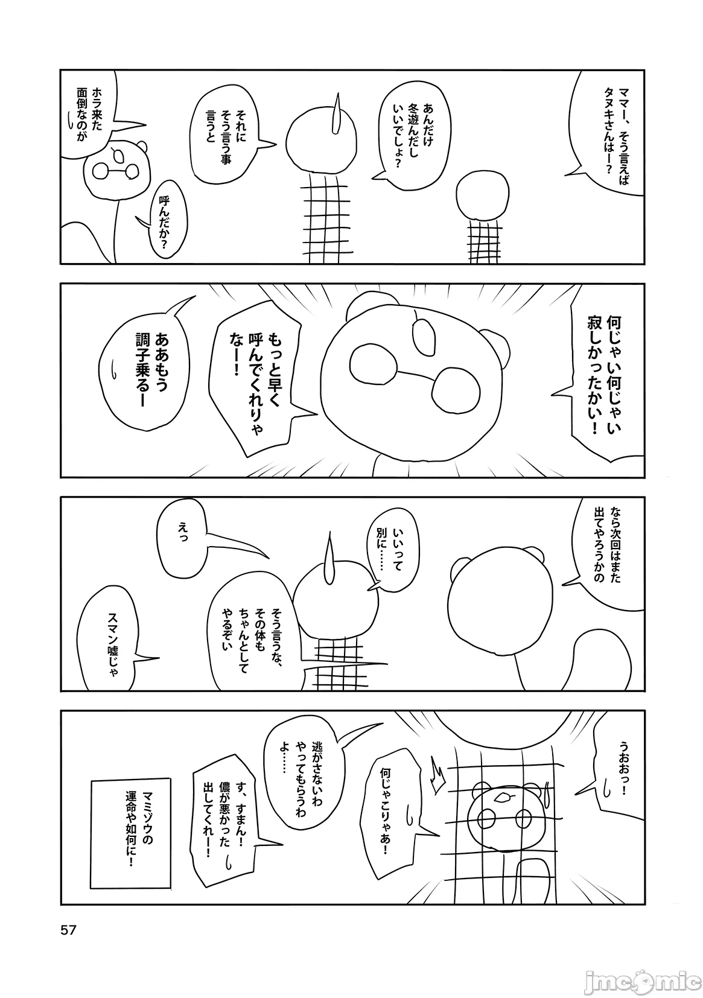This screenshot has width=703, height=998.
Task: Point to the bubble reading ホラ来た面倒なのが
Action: (89, 112)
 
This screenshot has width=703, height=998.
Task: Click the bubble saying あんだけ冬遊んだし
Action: (412, 134)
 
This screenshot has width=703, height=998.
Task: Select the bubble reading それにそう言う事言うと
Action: (227, 138)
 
